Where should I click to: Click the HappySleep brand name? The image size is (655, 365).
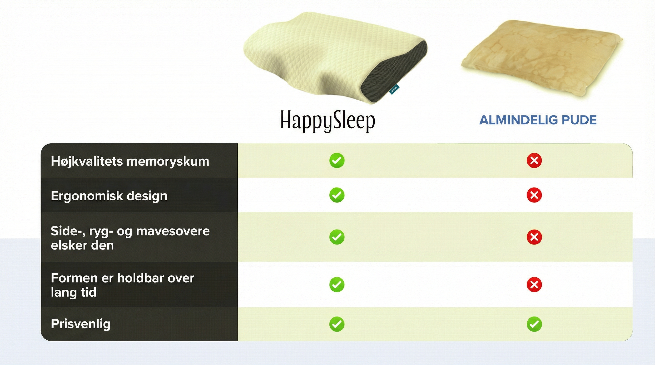click(x=327, y=121)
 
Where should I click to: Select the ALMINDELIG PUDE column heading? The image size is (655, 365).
click(x=538, y=120)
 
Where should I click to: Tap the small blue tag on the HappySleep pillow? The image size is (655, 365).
click(x=394, y=89)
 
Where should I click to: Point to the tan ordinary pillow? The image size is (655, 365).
click(x=542, y=60)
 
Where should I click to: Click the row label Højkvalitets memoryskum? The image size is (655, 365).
click(x=130, y=161)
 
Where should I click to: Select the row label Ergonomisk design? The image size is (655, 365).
click(x=109, y=196)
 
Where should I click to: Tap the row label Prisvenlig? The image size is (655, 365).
click(x=81, y=324)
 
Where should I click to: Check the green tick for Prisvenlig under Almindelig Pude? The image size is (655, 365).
click(x=534, y=324)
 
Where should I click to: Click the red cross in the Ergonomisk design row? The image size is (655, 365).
click(x=534, y=195)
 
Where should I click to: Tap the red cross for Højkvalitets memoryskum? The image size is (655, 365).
click(x=534, y=160)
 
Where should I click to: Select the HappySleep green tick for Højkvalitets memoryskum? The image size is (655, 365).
click(x=337, y=160)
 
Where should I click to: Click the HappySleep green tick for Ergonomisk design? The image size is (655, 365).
click(x=337, y=195)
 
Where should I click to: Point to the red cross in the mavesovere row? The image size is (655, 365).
click(x=534, y=237)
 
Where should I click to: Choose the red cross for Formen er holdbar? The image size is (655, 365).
click(x=534, y=284)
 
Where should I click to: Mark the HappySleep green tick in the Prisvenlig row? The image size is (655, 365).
click(x=337, y=324)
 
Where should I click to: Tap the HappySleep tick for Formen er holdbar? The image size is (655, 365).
click(x=337, y=284)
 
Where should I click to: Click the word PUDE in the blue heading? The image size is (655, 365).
click(x=579, y=120)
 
